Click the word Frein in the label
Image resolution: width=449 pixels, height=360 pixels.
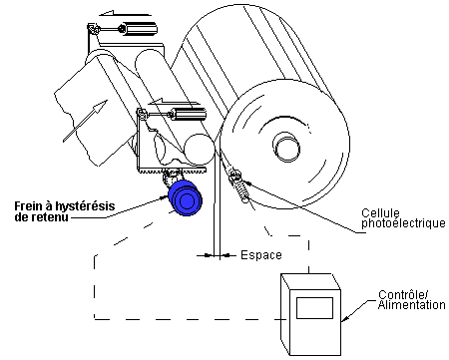point(31,206)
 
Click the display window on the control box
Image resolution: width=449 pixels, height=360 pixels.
point(313,303)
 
